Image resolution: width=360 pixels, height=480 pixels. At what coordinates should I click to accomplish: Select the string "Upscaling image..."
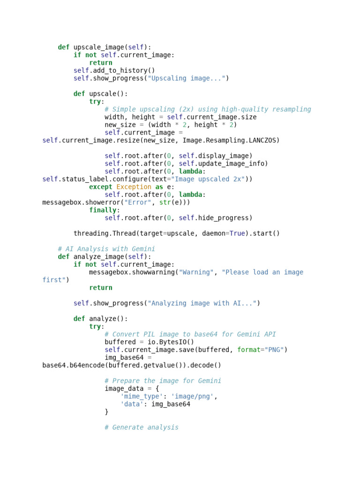click(187, 78)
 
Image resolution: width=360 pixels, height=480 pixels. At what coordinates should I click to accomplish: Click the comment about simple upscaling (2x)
click(208, 109)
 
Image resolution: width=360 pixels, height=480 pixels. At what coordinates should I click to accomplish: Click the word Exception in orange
click(134, 187)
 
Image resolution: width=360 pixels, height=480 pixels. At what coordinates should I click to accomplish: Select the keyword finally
click(103, 210)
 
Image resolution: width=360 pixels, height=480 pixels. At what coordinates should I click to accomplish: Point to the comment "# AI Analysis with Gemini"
click(106, 249)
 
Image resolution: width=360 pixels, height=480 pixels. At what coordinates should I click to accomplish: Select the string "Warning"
click(196, 272)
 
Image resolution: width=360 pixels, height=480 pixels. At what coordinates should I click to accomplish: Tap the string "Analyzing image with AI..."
click(202, 303)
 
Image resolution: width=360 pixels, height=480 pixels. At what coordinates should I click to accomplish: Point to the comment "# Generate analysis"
click(142, 427)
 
